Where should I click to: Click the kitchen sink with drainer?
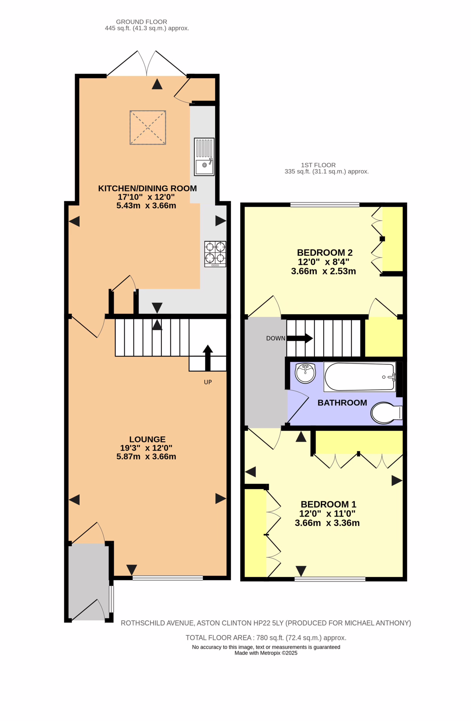tap(204, 157)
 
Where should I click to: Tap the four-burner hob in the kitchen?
tap(215, 254)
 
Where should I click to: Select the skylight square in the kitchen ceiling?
tap(148, 127)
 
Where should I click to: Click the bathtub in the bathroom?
tap(360, 377)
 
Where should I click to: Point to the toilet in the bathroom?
tap(387, 413)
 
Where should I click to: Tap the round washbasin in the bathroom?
tap(306, 373)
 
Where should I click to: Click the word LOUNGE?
tap(147, 439)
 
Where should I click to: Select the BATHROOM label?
tap(342, 403)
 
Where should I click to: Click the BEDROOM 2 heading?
tap(325, 252)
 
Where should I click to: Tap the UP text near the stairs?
tap(208, 382)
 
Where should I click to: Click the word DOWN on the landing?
tap(276, 338)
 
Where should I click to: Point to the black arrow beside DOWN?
tap(300, 338)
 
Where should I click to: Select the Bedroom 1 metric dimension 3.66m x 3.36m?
tap(327, 523)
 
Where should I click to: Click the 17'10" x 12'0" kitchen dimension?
tap(146, 197)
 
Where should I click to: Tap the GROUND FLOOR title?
tap(141, 22)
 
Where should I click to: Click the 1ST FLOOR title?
tap(318, 165)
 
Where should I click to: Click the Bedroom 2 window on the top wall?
tap(325, 205)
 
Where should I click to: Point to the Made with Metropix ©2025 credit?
tap(266, 653)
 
